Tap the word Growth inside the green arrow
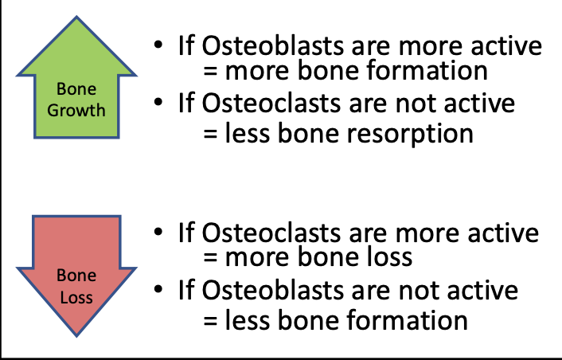(76, 111)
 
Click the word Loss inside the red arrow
(76, 297)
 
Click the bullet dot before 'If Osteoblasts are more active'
(158, 45)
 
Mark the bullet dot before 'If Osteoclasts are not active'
(158, 102)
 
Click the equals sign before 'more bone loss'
(210, 257)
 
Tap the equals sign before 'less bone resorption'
(210, 134)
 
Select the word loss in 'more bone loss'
(390, 256)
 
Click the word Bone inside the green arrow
(76, 89)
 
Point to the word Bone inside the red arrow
(76, 276)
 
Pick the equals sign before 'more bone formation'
(210, 71)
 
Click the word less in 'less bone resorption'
(247, 133)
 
